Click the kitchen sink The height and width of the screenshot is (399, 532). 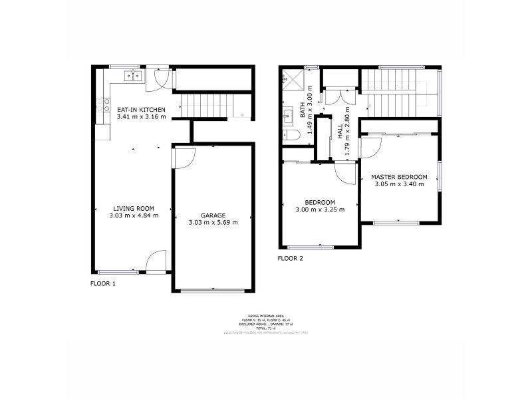(134, 74)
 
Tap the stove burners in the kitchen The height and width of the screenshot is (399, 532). (104, 104)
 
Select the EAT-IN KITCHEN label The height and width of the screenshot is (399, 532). (141, 109)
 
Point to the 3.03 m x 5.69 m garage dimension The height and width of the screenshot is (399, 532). (213, 223)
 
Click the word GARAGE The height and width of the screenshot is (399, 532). (213, 215)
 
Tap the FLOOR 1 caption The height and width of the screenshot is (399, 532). (103, 283)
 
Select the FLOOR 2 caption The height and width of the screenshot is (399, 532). (290, 258)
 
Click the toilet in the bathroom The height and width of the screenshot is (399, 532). (293, 135)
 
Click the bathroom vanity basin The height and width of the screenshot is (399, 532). (289, 117)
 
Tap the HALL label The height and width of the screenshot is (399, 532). (339, 130)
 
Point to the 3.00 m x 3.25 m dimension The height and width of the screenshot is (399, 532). (320, 210)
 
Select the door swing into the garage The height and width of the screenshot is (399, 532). (184, 157)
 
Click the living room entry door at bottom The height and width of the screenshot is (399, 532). (157, 261)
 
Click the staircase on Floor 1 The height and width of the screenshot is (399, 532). (209, 105)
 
